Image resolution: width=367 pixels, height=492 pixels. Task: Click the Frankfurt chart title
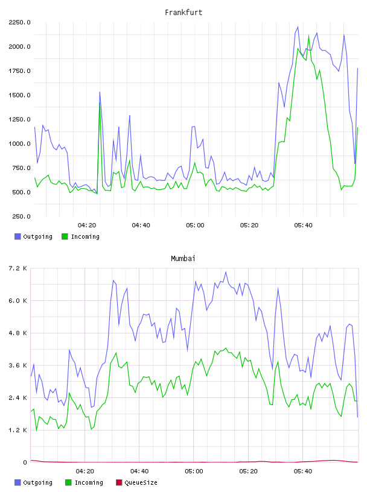(x=183, y=13)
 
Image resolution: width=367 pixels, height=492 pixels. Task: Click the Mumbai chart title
(x=183, y=259)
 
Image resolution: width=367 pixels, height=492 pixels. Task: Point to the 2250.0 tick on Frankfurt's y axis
(x=19, y=22)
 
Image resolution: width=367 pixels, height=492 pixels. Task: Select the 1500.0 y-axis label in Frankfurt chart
(x=19, y=95)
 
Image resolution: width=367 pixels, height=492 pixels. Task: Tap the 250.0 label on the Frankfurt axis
(x=21, y=216)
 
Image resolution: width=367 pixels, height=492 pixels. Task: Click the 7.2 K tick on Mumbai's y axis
(x=18, y=268)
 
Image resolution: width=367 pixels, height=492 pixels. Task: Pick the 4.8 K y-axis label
(x=18, y=333)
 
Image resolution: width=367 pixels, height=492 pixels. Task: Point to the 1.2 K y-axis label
(x=18, y=430)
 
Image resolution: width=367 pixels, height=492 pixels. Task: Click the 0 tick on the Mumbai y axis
(x=25, y=462)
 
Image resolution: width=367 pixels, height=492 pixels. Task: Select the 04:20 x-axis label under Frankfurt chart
(x=87, y=225)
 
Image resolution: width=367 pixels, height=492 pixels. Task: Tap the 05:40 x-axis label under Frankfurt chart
(x=303, y=225)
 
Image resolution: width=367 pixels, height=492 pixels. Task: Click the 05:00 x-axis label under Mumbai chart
(x=194, y=471)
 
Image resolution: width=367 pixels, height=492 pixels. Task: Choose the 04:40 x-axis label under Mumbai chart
(x=139, y=471)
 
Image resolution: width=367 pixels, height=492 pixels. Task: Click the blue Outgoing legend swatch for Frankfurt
(x=18, y=236)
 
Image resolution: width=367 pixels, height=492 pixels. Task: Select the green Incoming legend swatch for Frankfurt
(x=65, y=236)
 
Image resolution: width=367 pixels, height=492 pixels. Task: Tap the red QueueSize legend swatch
(x=119, y=482)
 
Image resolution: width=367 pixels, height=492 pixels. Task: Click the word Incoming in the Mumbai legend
(x=89, y=482)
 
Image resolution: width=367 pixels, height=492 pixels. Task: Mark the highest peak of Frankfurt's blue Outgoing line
(x=298, y=27)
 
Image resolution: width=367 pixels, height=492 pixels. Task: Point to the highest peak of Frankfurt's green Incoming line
(x=308, y=35)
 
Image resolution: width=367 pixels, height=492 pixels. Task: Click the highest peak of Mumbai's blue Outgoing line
(x=226, y=272)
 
